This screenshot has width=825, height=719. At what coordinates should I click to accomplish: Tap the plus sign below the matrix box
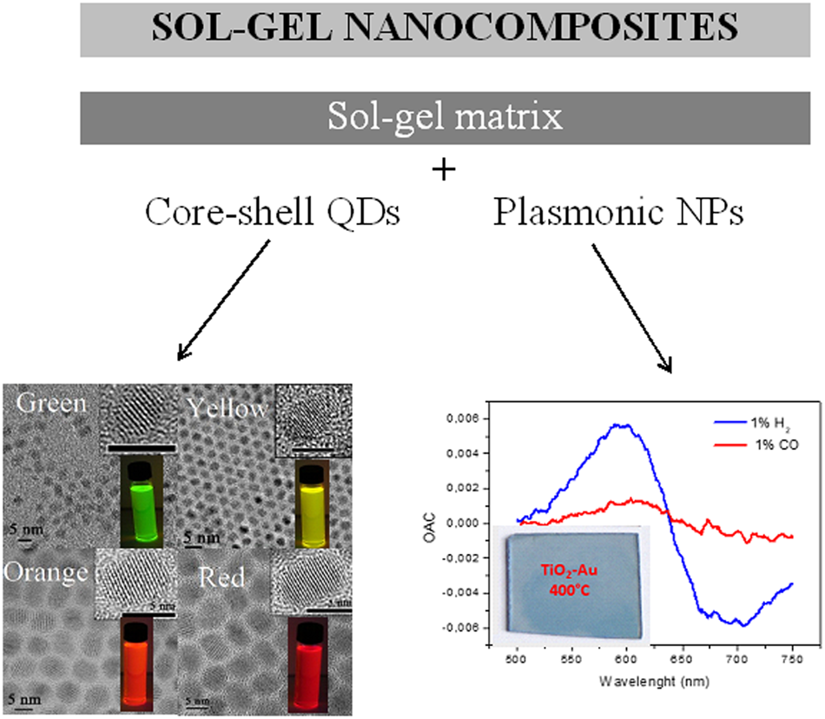[444, 169]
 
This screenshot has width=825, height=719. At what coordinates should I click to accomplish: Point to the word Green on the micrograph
[51, 405]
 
